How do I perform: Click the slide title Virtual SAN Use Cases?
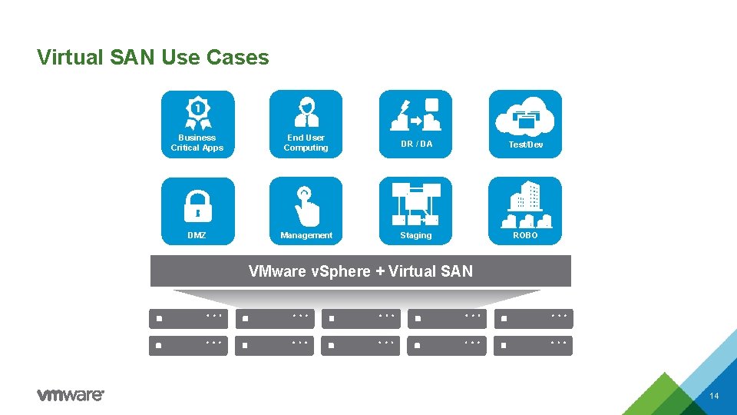[x=153, y=58]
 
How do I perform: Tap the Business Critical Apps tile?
[x=197, y=124]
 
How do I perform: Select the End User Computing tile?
[x=306, y=124]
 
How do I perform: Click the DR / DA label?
[x=415, y=144]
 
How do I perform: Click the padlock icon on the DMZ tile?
[x=197, y=204]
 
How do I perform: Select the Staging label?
[x=415, y=235]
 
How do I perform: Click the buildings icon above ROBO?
[x=525, y=203]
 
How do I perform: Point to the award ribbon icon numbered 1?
[x=197, y=112]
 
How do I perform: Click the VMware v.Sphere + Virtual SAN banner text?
[x=361, y=271]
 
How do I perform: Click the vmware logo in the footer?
[x=71, y=395]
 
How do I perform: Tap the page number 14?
[x=714, y=396]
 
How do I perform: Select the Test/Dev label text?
[x=525, y=144]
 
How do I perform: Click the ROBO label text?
[x=525, y=235]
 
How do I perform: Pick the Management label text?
[x=306, y=235]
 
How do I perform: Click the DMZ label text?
[x=197, y=235]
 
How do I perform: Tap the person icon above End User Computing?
[x=306, y=112]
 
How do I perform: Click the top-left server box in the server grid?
[x=188, y=317]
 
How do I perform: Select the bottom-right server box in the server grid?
[x=534, y=345]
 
